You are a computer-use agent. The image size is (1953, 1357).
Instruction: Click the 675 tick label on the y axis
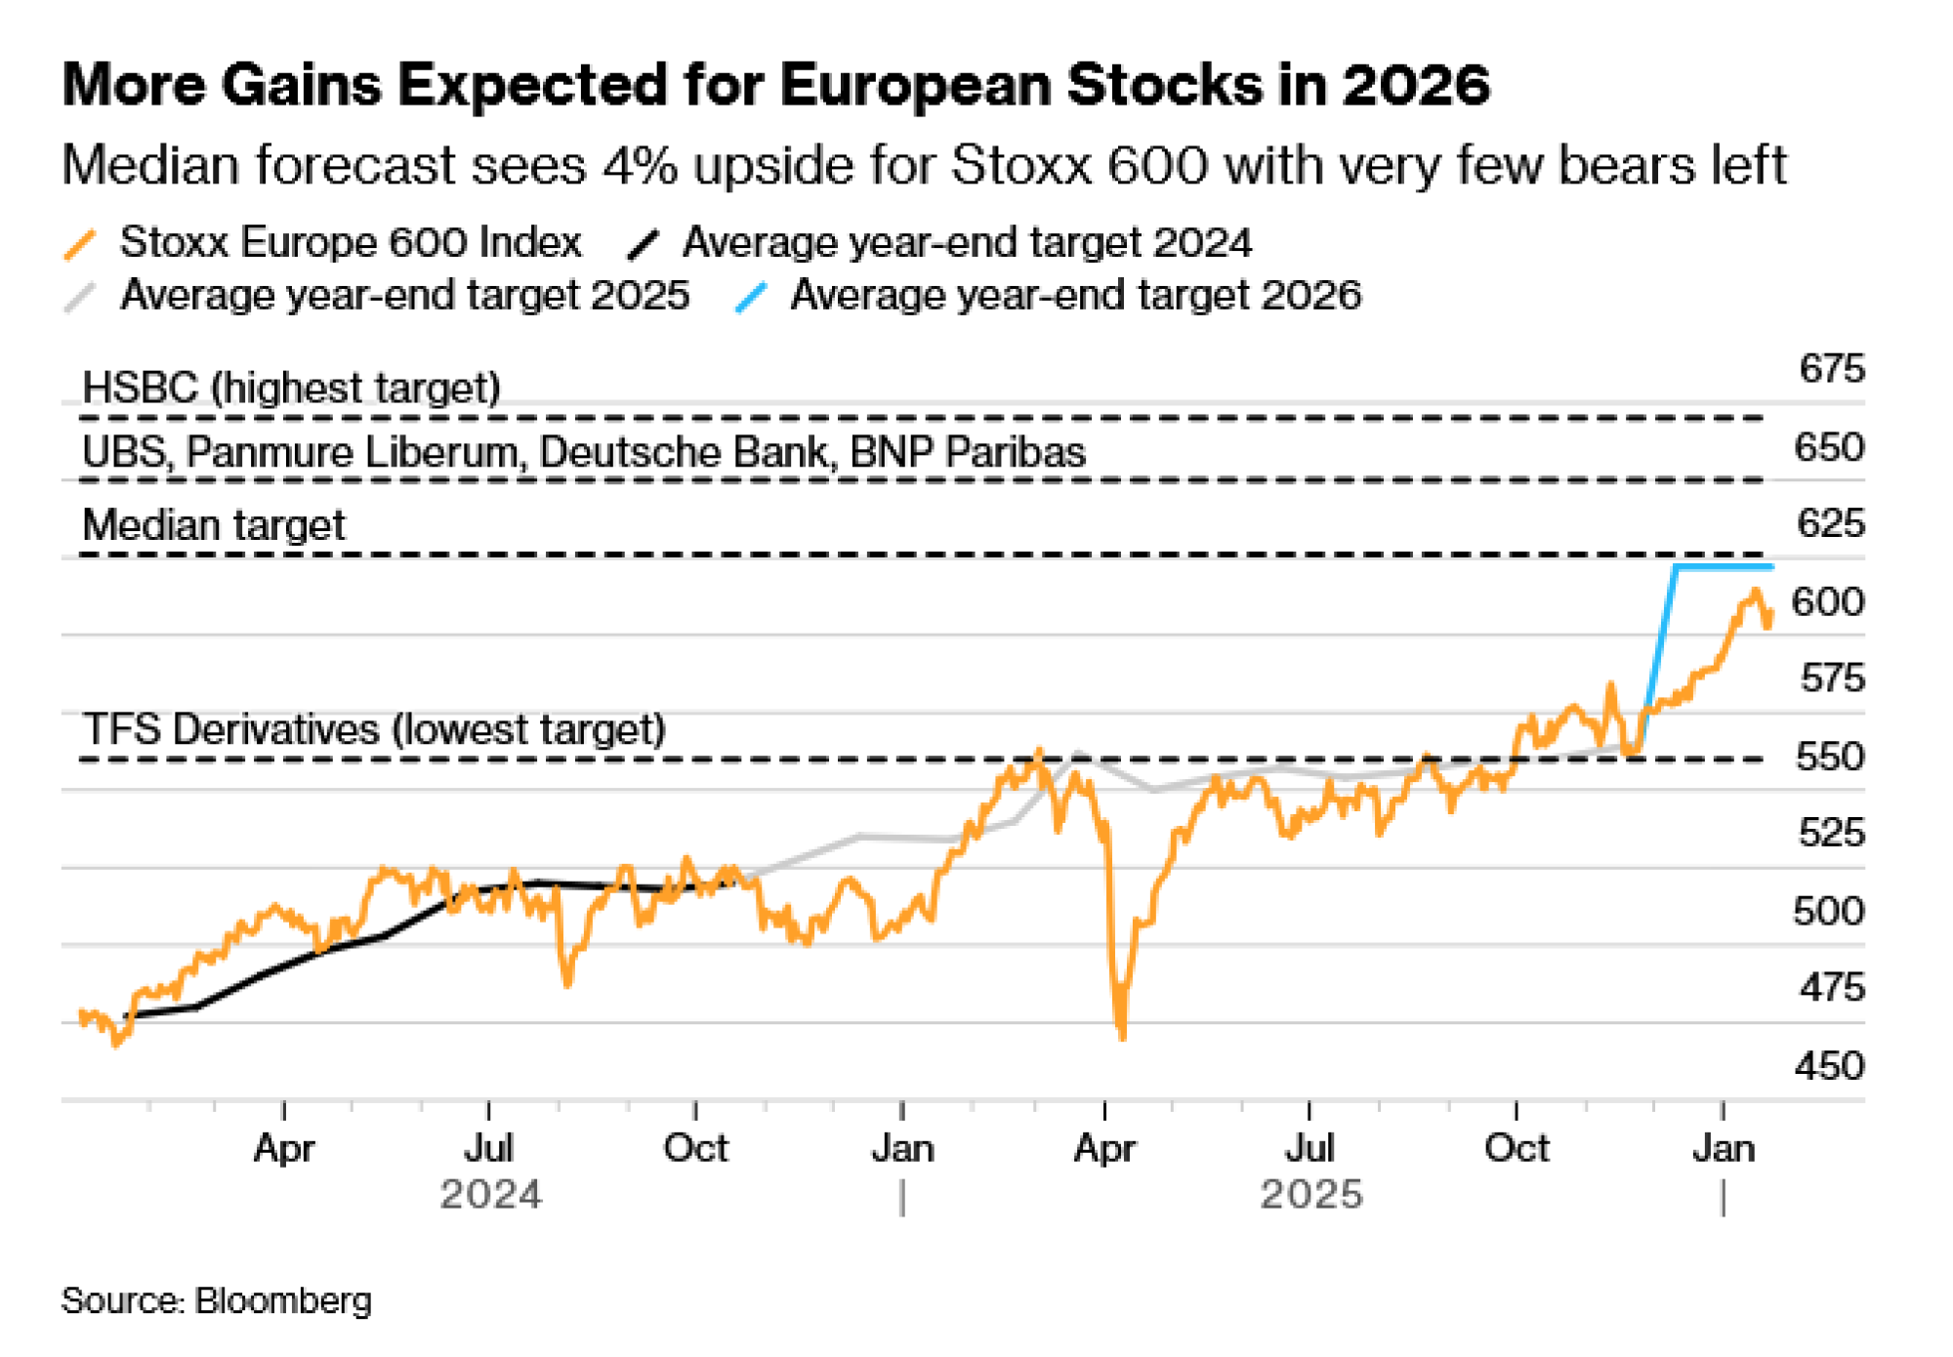point(1831,369)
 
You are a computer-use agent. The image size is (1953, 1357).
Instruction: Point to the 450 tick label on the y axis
point(1829,1065)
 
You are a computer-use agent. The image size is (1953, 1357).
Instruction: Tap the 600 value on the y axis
point(1828,601)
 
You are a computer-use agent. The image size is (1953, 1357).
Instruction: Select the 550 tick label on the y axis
point(1829,757)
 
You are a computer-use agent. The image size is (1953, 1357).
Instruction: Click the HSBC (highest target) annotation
point(291,388)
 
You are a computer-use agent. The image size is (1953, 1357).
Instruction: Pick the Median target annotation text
point(214,525)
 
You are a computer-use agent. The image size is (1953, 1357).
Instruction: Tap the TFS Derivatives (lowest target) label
point(374,729)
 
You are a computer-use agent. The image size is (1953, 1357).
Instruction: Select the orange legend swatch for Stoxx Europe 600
point(80,244)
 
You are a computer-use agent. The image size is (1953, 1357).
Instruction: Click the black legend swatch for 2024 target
point(644,244)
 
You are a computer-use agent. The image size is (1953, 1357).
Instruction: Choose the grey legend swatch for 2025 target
point(80,297)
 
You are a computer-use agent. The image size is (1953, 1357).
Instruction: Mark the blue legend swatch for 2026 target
point(751,297)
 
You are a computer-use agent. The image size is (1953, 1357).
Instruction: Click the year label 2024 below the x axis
point(490,1194)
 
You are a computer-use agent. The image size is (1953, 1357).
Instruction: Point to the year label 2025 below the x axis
point(1310,1194)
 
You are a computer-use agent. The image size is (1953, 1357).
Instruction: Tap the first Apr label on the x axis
point(283,1148)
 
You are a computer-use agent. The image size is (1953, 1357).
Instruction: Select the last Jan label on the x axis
point(1724,1148)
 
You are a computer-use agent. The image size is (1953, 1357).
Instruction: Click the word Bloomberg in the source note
point(283,1301)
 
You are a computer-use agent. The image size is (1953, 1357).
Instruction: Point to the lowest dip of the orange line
point(1121,1035)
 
